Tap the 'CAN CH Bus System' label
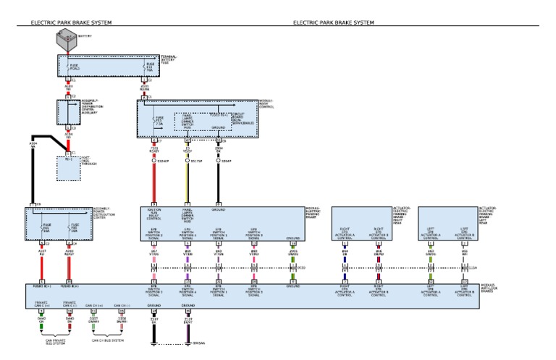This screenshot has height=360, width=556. click(107, 338)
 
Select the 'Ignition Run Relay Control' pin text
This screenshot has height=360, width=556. click(153, 215)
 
